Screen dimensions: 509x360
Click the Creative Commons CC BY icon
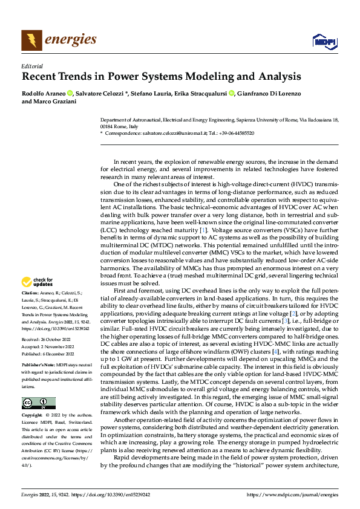click(x=38, y=403)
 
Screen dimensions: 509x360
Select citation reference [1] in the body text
click(x=204, y=230)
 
